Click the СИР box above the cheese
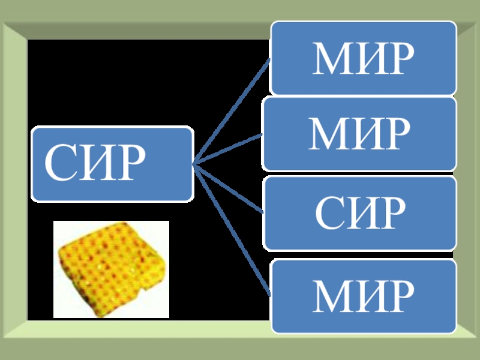click(x=112, y=163)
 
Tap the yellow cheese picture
click(x=111, y=269)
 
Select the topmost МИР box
click(x=362, y=58)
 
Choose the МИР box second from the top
click(x=358, y=134)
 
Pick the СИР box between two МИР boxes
click(x=359, y=212)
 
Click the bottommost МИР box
click(x=362, y=296)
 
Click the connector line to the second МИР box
click(x=228, y=149)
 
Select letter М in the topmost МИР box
click(x=329, y=59)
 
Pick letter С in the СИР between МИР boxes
click(x=329, y=213)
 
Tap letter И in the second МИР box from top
click(x=365, y=134)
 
